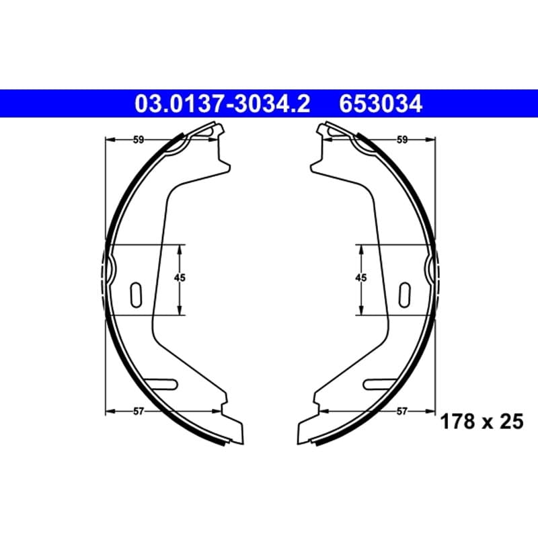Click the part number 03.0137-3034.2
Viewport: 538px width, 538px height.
pos(223,104)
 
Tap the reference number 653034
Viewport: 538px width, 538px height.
pos(381,104)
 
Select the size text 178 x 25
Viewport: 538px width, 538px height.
pos(482,422)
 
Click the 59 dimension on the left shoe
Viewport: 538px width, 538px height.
pos(139,140)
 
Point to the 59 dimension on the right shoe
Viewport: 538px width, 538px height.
pos(401,140)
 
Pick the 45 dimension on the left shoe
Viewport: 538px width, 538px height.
pos(180,278)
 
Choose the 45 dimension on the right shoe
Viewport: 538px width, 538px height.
pos(361,278)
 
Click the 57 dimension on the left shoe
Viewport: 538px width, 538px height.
pos(139,411)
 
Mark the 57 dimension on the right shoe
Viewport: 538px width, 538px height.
pos(401,411)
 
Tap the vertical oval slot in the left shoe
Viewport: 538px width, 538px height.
pos(137,295)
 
